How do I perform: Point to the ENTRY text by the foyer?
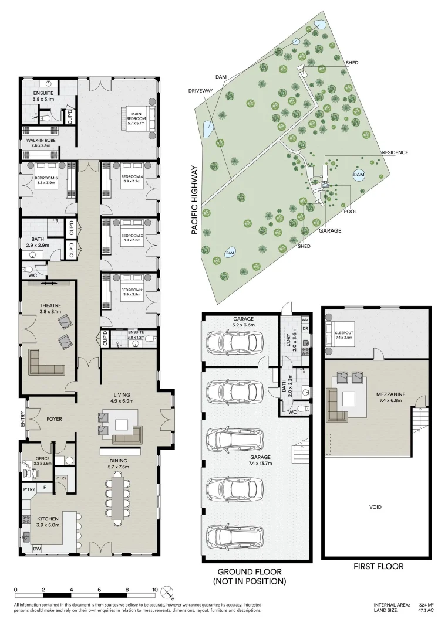click(x=23, y=419)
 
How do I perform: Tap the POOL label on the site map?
click(x=351, y=212)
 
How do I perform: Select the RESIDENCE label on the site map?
click(x=395, y=152)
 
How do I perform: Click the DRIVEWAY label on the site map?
click(x=200, y=91)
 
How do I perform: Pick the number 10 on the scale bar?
click(x=155, y=590)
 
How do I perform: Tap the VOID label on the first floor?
click(x=376, y=506)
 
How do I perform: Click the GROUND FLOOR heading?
click(x=250, y=571)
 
